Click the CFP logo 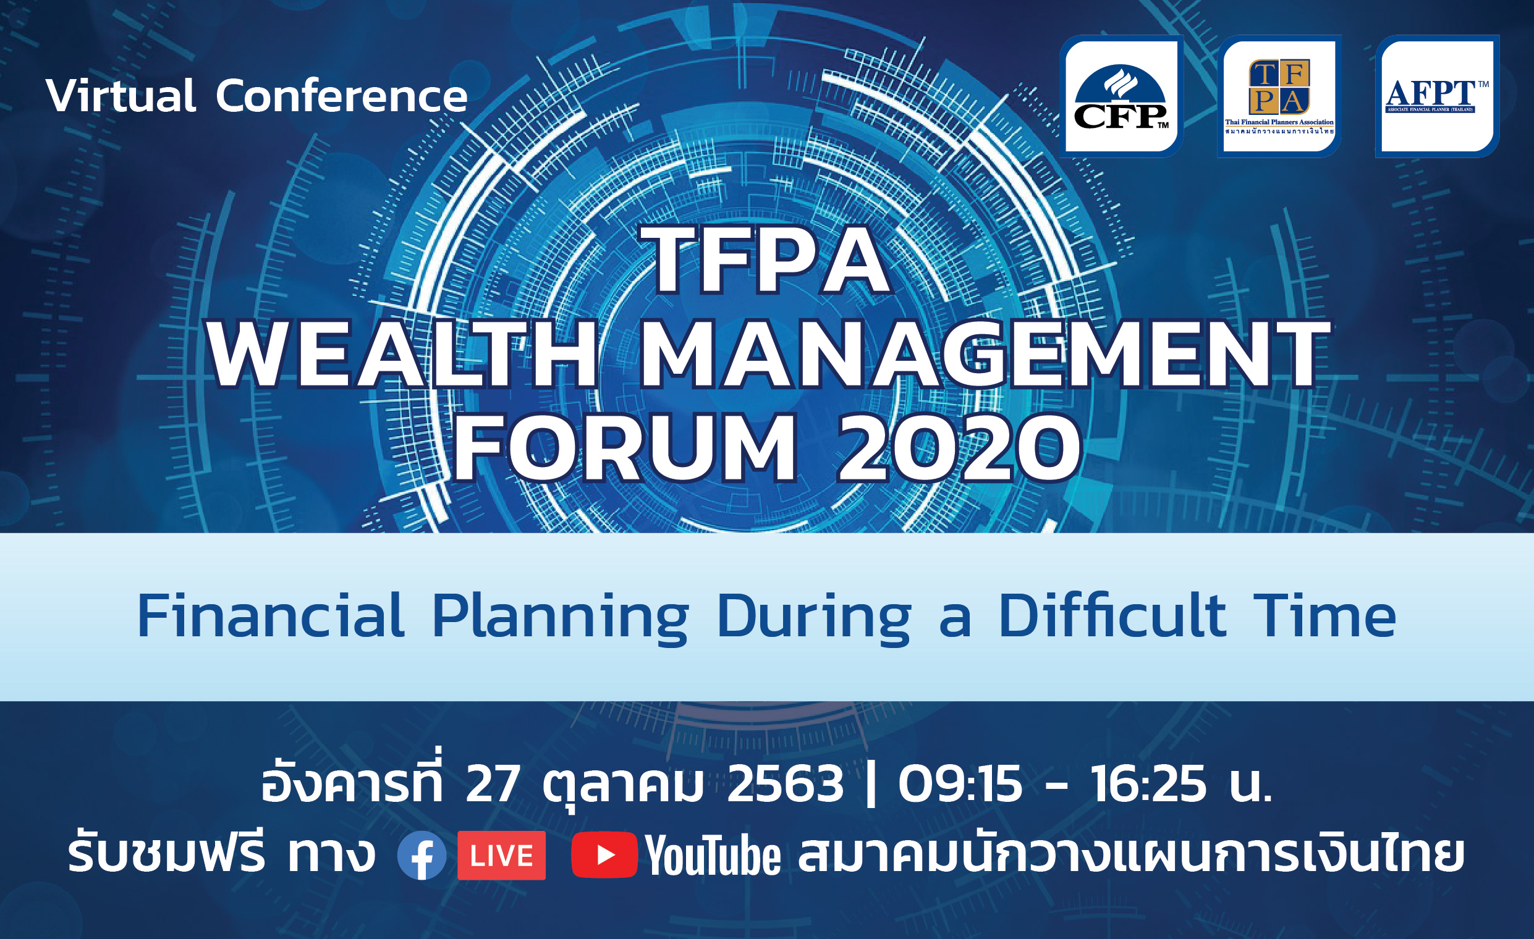click(x=1121, y=96)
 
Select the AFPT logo click(x=1438, y=96)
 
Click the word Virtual click(x=121, y=96)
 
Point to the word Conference click(x=342, y=96)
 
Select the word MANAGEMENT click(x=984, y=355)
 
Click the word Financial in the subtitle click(x=271, y=616)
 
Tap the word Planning click(x=561, y=620)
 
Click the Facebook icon click(x=422, y=856)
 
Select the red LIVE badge click(x=502, y=856)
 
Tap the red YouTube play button click(x=604, y=855)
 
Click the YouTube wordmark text click(x=713, y=856)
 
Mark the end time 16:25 click(x=1148, y=784)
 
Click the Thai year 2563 click(x=785, y=784)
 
